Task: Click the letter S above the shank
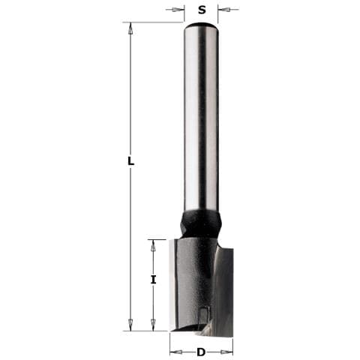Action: tap(202, 10)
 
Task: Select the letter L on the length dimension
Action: tap(130, 161)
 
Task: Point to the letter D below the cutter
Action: tap(201, 352)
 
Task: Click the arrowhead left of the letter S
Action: tap(179, 10)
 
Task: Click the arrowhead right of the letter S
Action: tap(223, 10)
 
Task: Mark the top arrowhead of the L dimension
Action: tap(130, 28)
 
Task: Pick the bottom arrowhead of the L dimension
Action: tap(130, 325)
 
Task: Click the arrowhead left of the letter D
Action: tap(175, 351)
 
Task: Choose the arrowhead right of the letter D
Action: tap(228, 351)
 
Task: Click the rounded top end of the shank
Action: tap(201, 27)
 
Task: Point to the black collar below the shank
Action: tap(200, 223)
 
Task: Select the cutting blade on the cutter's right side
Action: tap(224, 289)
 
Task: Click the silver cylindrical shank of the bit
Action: tap(201, 120)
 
